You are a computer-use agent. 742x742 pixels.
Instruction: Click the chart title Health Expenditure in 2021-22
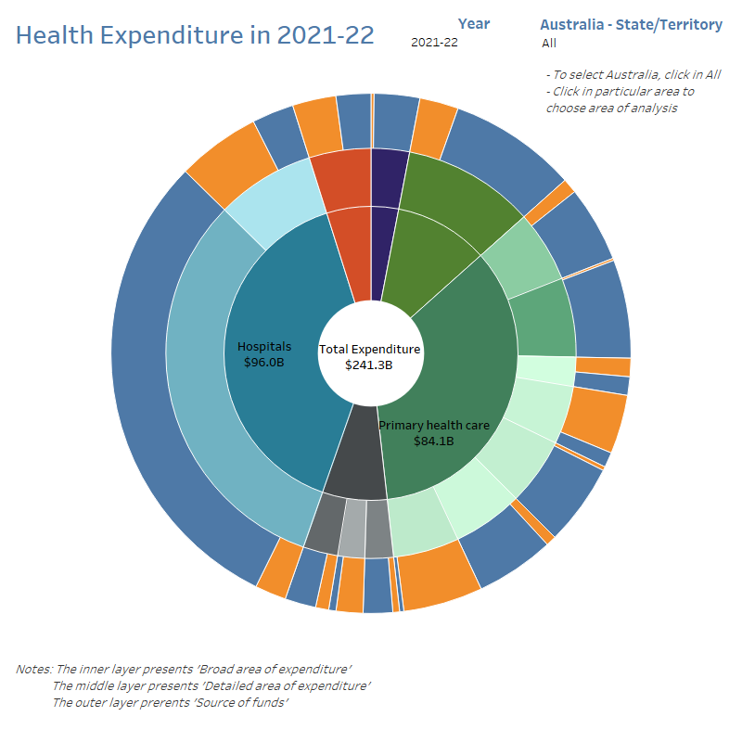[x=195, y=35]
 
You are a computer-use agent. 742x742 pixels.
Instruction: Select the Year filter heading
[x=474, y=24]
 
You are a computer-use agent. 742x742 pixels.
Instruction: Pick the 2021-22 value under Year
[x=434, y=42]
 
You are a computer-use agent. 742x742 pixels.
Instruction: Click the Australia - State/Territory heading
[x=631, y=24]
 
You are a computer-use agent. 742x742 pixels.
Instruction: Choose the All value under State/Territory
[x=549, y=43]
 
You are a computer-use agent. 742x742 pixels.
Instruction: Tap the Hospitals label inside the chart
[x=264, y=347]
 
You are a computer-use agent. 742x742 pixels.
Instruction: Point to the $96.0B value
[x=264, y=363]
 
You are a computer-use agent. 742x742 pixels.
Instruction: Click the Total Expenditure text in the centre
[x=370, y=350]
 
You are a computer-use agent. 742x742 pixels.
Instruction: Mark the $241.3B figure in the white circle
[x=369, y=365]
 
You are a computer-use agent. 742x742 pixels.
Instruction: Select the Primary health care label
[x=434, y=425]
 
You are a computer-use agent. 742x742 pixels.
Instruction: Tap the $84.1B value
[x=433, y=441]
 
